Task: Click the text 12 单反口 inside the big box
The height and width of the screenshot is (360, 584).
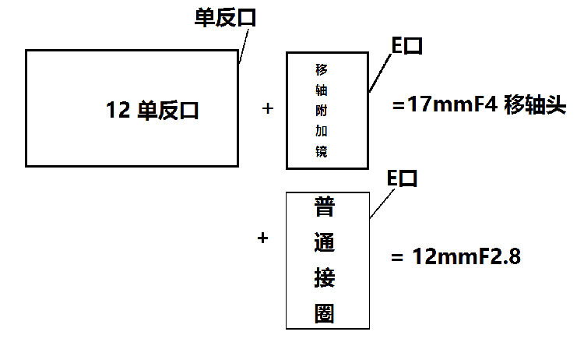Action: [x=153, y=111]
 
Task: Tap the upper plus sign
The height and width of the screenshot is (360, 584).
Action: [x=269, y=109]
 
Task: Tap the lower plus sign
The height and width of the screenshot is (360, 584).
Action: [x=262, y=238]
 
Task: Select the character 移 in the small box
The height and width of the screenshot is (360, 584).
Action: [x=322, y=68]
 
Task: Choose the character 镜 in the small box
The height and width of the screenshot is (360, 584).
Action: [x=322, y=152]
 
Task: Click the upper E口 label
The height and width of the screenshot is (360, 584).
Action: [x=406, y=46]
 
